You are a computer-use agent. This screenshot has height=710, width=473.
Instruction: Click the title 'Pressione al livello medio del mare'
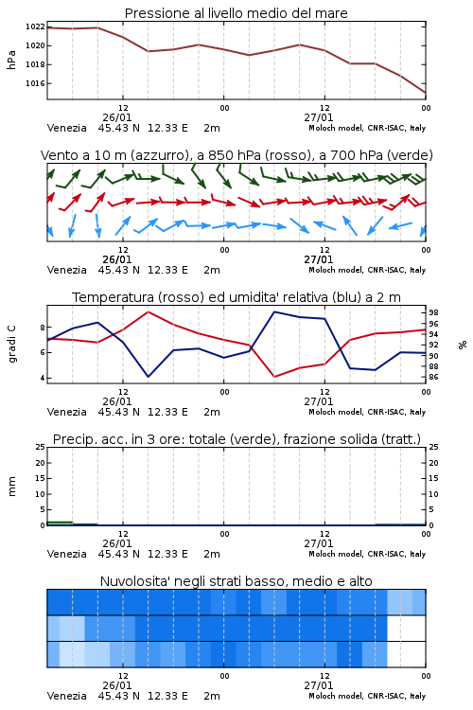(x=236, y=13)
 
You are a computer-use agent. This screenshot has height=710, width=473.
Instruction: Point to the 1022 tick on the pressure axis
(x=35, y=27)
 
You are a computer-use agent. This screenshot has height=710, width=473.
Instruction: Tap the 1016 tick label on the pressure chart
(x=35, y=83)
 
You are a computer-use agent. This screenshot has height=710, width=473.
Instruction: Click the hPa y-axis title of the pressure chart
(x=11, y=60)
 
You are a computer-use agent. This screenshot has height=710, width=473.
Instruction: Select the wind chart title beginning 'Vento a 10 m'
(x=236, y=155)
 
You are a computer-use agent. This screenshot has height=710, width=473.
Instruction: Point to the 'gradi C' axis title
(x=11, y=344)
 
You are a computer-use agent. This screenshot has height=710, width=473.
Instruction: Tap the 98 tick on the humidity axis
(x=433, y=312)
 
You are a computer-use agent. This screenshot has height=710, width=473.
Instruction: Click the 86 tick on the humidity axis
(x=433, y=377)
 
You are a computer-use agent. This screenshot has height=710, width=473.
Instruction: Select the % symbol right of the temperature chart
(x=463, y=345)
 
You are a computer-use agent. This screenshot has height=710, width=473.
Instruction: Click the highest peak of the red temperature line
(x=148, y=311)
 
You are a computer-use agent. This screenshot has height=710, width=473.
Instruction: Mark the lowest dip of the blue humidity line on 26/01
(x=148, y=377)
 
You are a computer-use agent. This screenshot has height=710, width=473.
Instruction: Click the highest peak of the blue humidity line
(x=274, y=311)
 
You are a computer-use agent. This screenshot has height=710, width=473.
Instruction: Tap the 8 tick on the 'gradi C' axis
(x=43, y=328)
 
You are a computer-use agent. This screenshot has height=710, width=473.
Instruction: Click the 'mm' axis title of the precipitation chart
(x=11, y=486)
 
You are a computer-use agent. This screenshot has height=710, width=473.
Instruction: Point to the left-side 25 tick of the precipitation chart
(x=41, y=447)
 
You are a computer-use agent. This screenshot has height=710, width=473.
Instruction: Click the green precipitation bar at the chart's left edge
(x=60, y=524)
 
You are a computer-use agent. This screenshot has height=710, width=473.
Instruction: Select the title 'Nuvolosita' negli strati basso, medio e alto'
(x=236, y=581)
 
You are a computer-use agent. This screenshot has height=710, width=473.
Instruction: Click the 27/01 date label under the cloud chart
(x=318, y=685)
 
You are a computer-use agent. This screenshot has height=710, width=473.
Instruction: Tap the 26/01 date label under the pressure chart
(x=116, y=117)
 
